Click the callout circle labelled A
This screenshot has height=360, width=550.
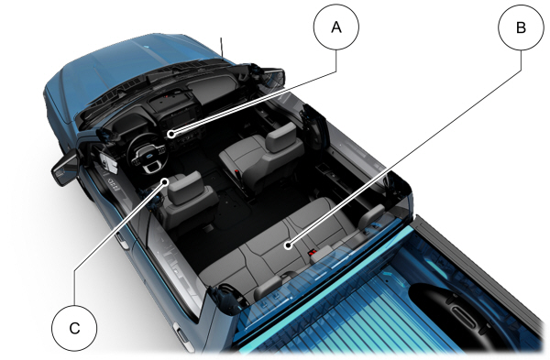336,27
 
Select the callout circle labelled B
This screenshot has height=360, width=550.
521,27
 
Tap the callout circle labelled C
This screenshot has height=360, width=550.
74,328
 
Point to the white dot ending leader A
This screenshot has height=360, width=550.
170,134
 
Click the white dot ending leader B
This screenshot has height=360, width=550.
289,245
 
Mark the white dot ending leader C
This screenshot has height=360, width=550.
165,181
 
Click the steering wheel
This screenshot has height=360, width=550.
147,154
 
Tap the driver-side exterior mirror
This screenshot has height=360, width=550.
65,168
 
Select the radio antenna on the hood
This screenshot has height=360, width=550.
222,47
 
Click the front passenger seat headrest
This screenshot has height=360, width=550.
281,137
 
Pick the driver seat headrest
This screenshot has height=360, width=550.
185,188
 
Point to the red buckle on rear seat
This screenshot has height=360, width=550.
312,252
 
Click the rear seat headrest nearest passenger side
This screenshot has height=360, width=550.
371,216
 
